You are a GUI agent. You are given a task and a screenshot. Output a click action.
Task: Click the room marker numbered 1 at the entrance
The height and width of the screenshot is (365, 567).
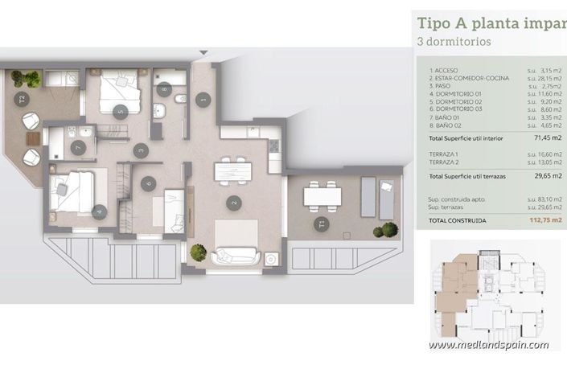tap(203, 99)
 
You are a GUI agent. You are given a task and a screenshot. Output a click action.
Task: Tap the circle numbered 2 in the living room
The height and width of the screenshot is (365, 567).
tap(233, 203)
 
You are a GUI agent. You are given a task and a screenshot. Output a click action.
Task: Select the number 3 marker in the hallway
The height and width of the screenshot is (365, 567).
tap(141, 150)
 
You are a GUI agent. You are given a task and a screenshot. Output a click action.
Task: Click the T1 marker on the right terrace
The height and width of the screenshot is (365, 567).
tap(322, 223)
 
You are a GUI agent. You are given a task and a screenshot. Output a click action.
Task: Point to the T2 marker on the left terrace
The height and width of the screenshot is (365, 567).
tap(23, 100)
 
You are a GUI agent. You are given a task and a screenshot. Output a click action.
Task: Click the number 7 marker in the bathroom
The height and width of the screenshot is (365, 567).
tap(78, 148)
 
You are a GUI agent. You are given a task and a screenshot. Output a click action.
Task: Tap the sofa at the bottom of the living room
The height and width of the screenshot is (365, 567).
tap(235, 256)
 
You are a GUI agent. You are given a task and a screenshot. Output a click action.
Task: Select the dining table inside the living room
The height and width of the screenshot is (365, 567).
tap(232, 171)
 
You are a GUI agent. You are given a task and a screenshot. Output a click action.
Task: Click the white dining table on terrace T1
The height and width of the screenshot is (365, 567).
tap(323, 195)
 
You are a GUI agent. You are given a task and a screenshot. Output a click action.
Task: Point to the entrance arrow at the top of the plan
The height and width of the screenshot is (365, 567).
tap(203, 53)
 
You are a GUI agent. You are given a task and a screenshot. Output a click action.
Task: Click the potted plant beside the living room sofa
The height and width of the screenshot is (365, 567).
tap(198, 252)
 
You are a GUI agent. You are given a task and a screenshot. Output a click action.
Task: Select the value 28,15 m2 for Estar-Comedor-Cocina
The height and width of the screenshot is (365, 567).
tap(544, 78)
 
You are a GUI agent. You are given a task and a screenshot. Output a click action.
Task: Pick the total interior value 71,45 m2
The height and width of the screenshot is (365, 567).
tap(548, 137)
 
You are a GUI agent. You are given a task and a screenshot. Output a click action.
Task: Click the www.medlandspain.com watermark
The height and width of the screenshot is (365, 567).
tap(488, 345)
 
